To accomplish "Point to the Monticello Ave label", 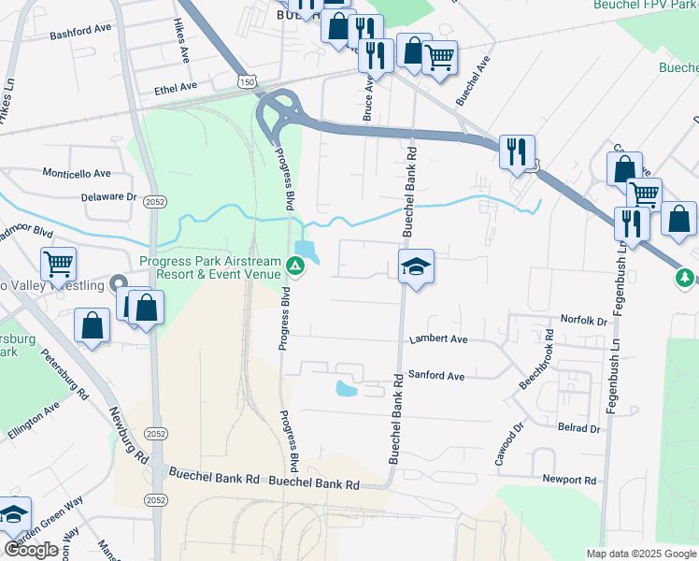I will (x=77, y=173).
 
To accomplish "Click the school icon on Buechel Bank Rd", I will (x=416, y=267).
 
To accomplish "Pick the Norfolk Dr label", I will (x=583, y=320).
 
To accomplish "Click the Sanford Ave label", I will (x=436, y=376).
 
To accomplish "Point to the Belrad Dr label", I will (x=579, y=428).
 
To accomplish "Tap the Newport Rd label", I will (x=570, y=480).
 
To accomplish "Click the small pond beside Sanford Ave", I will (x=346, y=387).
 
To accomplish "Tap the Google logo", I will (x=31, y=550).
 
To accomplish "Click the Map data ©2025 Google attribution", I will (x=640, y=554).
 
